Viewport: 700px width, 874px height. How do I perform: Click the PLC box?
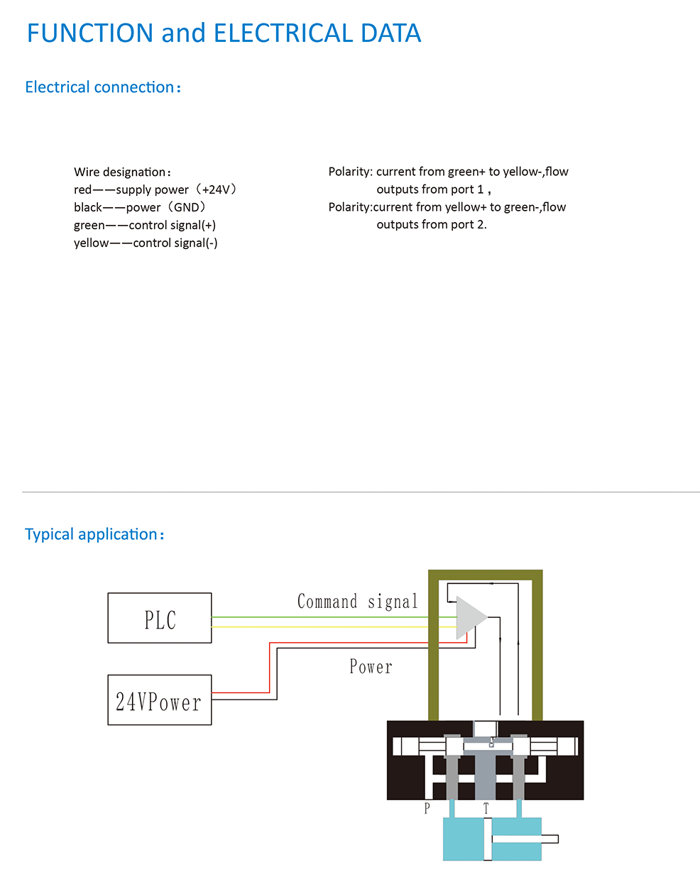(x=160, y=618)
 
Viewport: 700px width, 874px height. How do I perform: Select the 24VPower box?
(x=160, y=700)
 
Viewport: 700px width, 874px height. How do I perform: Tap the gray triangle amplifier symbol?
(x=469, y=617)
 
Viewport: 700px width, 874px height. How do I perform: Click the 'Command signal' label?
(x=357, y=602)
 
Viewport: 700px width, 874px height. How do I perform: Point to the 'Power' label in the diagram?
(x=371, y=667)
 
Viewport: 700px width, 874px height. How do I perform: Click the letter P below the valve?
(x=427, y=808)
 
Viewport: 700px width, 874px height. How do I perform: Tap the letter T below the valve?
(x=486, y=808)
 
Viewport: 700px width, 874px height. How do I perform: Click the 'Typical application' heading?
(x=94, y=534)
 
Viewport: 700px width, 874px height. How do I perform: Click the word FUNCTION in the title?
(x=90, y=33)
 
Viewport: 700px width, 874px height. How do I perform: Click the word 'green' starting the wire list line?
(x=88, y=226)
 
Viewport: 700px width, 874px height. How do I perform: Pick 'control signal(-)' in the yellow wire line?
(x=175, y=243)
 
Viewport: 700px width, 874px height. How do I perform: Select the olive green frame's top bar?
(x=486, y=575)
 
